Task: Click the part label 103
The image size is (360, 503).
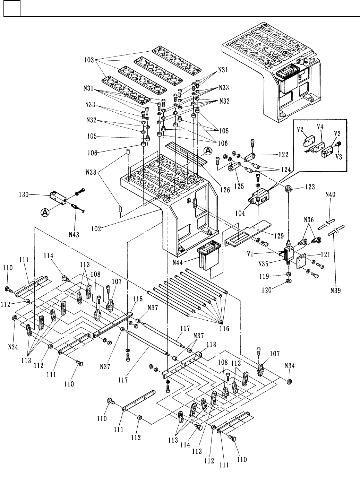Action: (89, 60)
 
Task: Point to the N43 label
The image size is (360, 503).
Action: (74, 235)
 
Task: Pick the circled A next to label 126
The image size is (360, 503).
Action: (208, 150)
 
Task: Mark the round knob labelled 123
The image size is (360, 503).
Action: (288, 190)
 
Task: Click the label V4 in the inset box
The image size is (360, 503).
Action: (320, 127)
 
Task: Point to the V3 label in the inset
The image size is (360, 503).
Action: (339, 157)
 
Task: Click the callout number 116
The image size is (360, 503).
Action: (224, 328)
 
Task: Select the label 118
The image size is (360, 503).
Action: (211, 345)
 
